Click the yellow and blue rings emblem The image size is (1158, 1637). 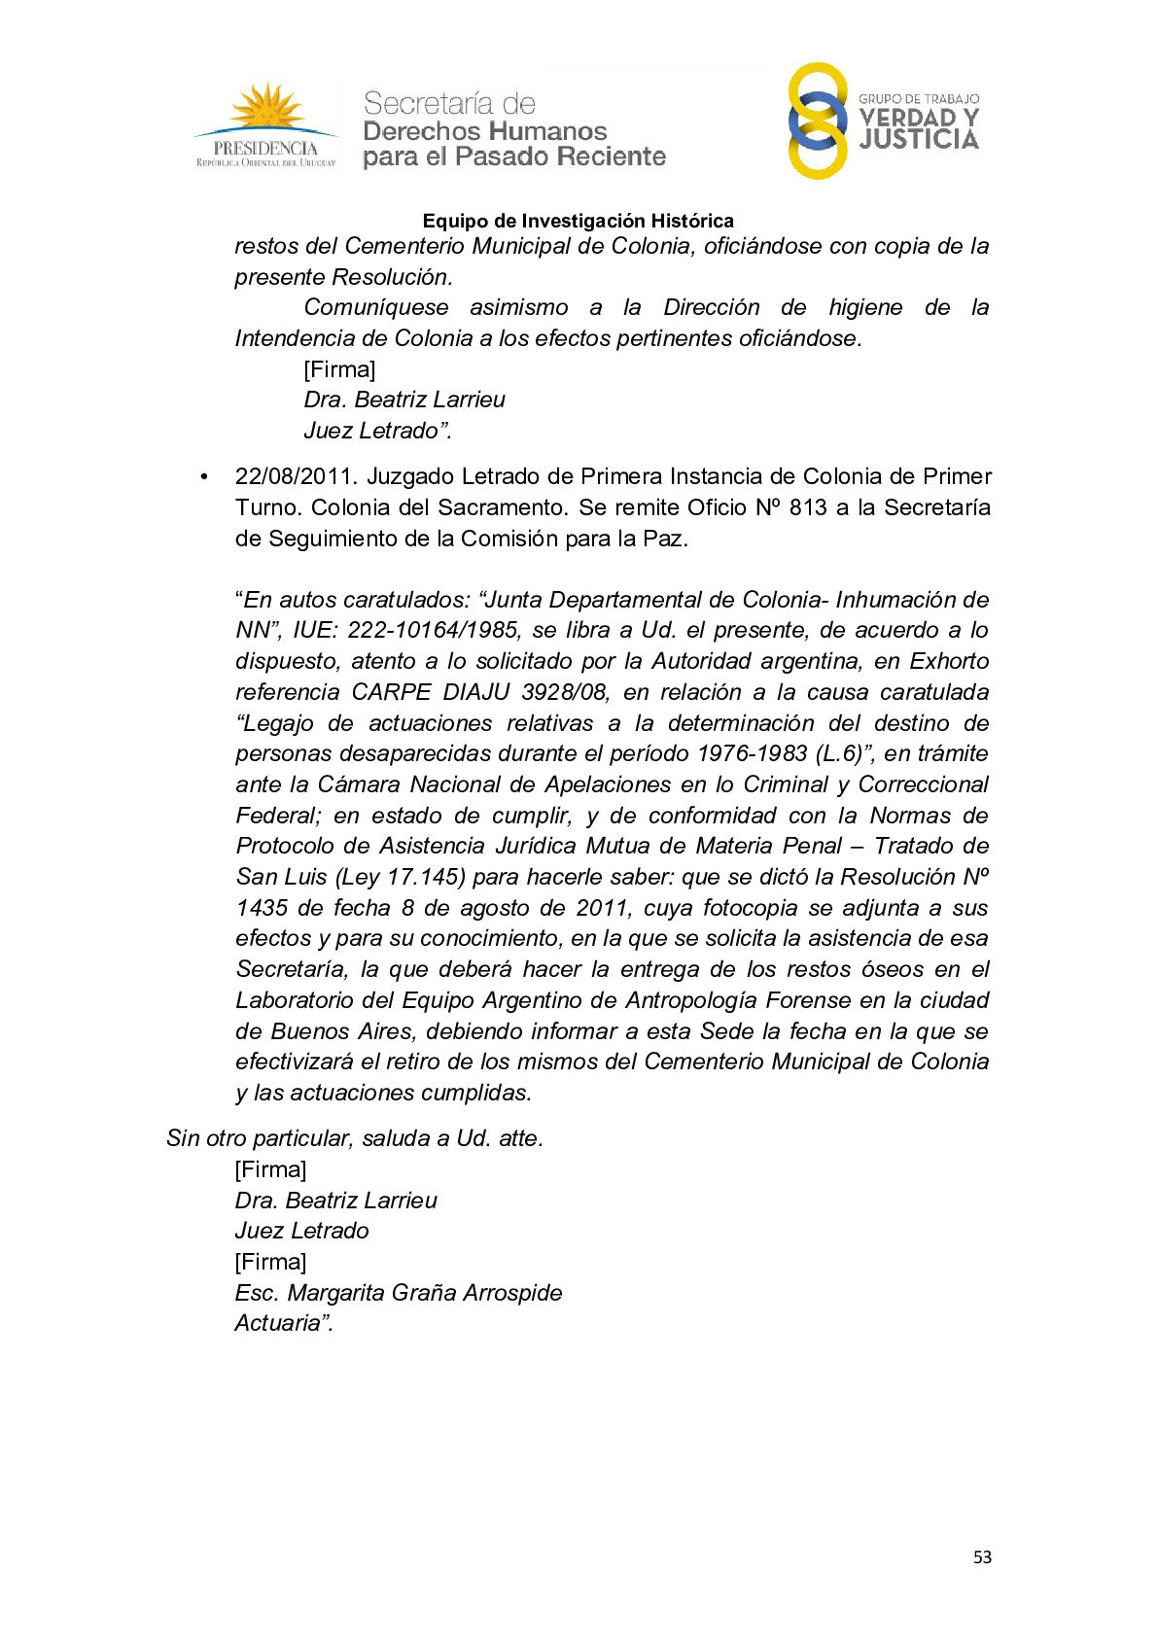pyautogui.click(x=818, y=121)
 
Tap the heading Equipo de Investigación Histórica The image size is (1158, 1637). pyautogui.click(x=578, y=221)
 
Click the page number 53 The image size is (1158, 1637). pyautogui.click(x=982, y=1557)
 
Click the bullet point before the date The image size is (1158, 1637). pyautogui.click(x=204, y=477)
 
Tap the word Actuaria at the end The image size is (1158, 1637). pyautogui.click(x=278, y=1323)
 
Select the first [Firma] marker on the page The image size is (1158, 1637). pyautogui.click(x=339, y=369)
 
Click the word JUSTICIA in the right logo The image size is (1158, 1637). pyautogui.click(x=919, y=141)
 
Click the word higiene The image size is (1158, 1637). pyautogui.click(x=865, y=307)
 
